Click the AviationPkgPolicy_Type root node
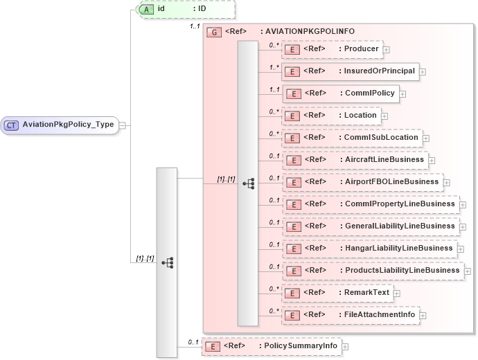coord(67,125)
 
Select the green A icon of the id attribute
coord(147,9)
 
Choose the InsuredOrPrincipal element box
coord(350,71)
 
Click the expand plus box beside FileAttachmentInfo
coord(423,315)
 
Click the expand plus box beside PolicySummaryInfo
coord(345,346)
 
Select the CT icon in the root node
coord(12,125)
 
